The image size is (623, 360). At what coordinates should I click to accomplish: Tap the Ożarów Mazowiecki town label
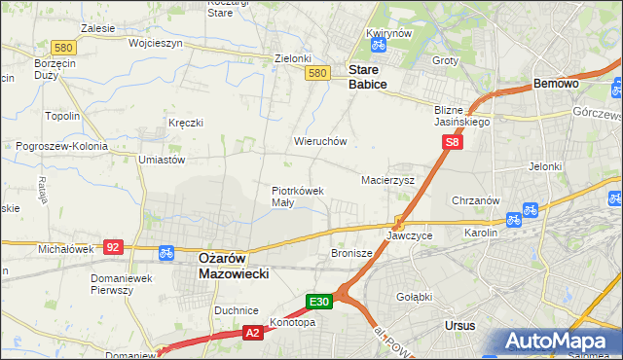tap(234, 266)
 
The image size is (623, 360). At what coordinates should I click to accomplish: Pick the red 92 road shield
tap(114, 247)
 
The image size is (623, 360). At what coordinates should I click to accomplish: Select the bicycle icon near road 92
tap(165, 252)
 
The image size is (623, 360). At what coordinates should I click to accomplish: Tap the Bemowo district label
tap(557, 85)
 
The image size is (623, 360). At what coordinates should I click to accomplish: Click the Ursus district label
tap(458, 326)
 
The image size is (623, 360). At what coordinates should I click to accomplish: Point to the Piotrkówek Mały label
tap(296, 197)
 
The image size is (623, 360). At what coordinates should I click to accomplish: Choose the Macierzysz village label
tap(387, 180)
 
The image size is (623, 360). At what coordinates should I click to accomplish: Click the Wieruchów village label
tap(320, 140)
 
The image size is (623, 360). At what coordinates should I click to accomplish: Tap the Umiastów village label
tap(162, 159)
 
